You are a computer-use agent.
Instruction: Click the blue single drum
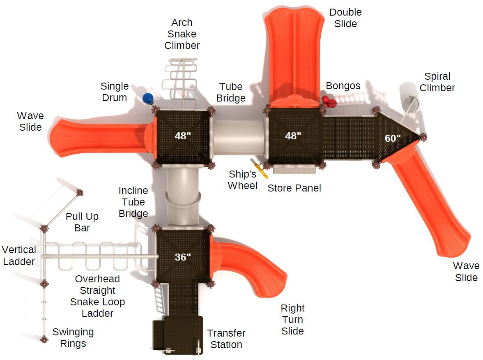point(148,99)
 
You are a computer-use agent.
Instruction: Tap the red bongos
point(329,102)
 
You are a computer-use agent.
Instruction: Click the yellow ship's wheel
point(260,169)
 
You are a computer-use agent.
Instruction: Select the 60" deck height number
point(393,138)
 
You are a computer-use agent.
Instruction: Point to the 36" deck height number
point(183,257)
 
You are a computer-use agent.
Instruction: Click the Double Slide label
point(346,18)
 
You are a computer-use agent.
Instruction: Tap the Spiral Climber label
point(437,82)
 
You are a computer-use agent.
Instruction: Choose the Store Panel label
point(294,188)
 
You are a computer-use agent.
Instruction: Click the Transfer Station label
point(226,339)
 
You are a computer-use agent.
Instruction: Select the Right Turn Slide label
point(292,319)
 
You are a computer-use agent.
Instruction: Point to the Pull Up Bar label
point(82,222)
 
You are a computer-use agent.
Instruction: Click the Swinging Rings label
point(73,338)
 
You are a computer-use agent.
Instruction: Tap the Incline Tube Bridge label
point(133,202)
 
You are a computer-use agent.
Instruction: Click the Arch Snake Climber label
point(182,34)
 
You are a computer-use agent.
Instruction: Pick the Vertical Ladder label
point(19,256)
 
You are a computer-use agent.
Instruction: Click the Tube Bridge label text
point(231,92)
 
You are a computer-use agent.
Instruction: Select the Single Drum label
point(115,92)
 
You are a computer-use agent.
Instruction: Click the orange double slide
point(294,57)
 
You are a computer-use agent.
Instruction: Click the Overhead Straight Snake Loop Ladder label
point(97,296)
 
